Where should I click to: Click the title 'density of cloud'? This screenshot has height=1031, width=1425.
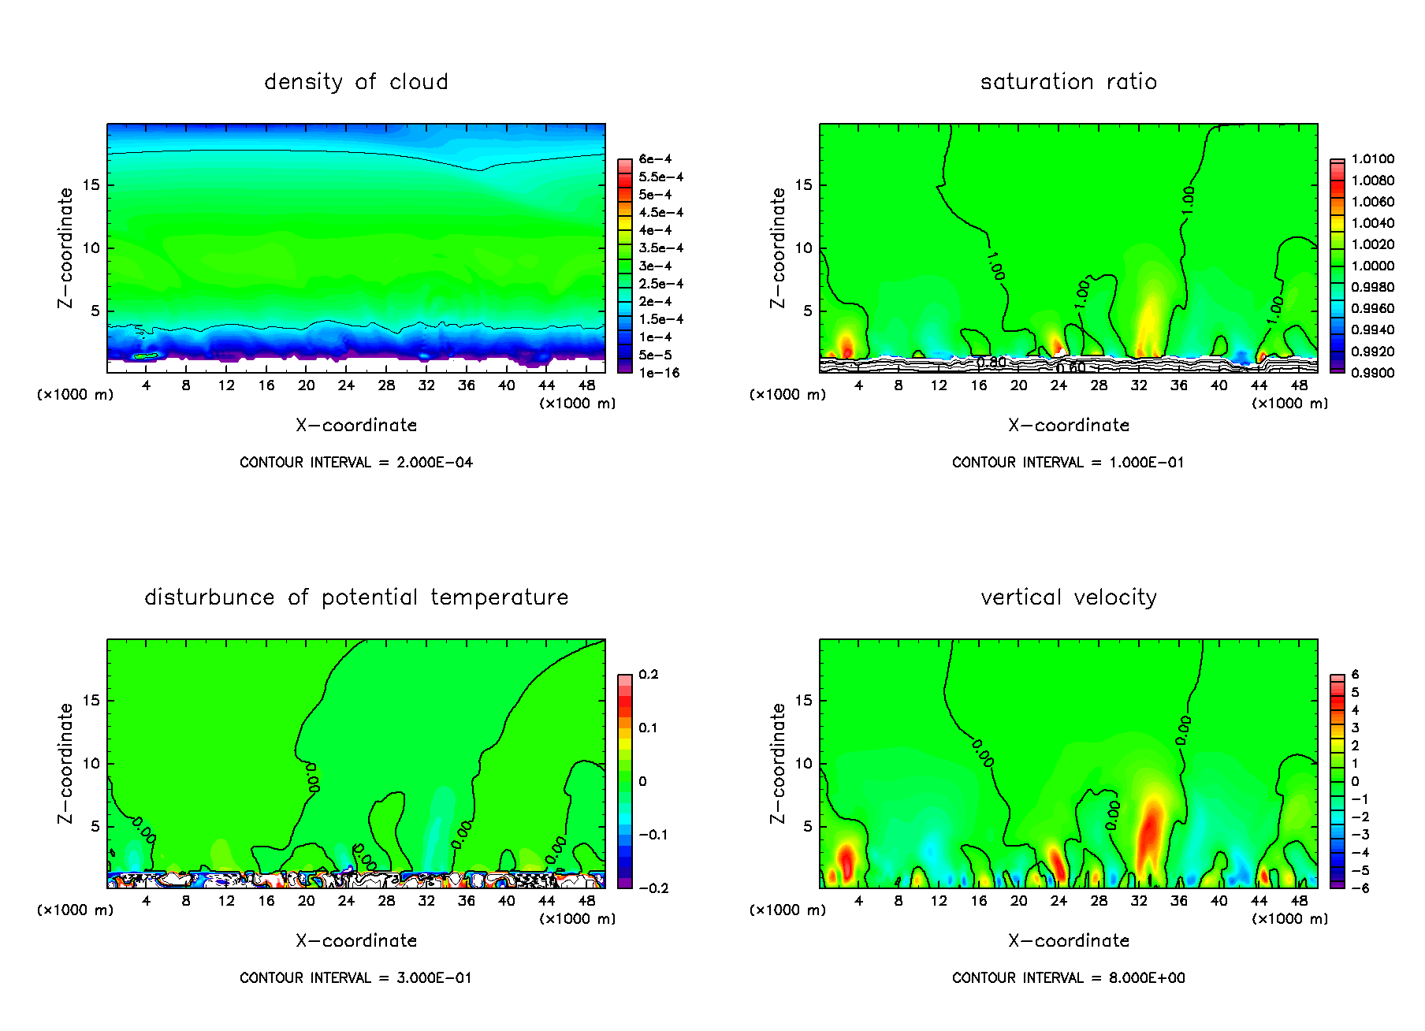coord(355,82)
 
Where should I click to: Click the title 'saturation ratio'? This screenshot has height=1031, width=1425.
coord(1068,82)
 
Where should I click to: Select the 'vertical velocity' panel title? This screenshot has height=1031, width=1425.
coord(1068,597)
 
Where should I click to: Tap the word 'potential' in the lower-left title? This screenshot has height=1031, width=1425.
coord(369,597)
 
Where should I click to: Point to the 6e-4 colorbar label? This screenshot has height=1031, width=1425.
coord(655,159)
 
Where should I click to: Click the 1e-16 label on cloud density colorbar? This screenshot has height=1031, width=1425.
coord(659,373)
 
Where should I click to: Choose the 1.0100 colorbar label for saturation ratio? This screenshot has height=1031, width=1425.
coord(1372,159)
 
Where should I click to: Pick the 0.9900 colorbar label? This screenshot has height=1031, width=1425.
coord(1372,373)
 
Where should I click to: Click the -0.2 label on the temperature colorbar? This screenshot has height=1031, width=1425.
coord(653,888)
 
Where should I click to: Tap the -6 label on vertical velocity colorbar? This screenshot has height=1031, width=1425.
coord(1360,888)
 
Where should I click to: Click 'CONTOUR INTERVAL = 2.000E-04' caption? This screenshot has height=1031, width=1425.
coord(356,463)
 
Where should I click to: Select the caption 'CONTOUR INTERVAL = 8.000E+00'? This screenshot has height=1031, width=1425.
coord(1068,978)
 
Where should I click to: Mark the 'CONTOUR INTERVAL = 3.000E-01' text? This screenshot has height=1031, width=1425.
coord(356,978)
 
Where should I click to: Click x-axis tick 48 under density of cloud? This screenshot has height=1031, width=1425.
coord(586,385)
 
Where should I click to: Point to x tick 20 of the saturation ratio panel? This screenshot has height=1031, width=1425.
coord(1018,385)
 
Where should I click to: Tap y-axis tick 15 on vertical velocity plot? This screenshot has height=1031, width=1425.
coord(802,701)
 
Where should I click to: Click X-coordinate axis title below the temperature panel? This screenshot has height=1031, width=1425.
coord(356,940)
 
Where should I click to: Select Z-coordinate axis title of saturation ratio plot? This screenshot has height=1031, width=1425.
coord(778,248)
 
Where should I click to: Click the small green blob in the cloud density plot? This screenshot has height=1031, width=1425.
coord(146,356)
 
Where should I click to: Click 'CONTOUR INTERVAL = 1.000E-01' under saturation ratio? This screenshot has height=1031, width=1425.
coord(1068,463)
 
